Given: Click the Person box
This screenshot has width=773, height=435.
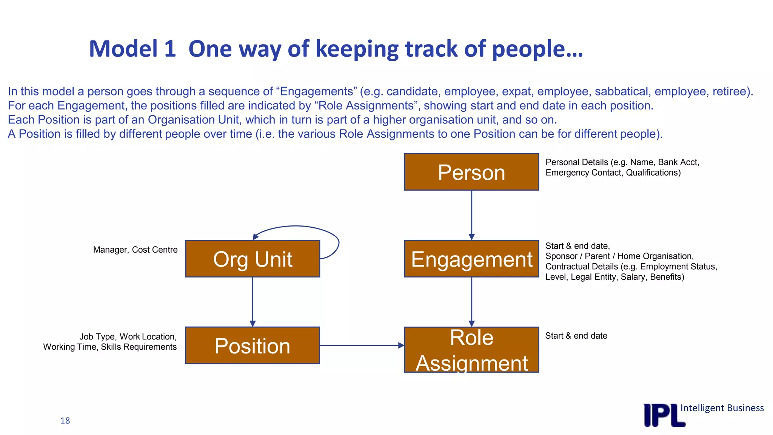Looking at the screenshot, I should tap(471, 172).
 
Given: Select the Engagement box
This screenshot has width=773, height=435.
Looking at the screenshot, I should tap(471, 259).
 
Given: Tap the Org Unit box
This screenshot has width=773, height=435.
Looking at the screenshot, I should tap(253, 259).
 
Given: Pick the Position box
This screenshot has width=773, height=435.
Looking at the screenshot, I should tap(253, 346).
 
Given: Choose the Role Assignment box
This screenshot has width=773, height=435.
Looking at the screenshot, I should tap(471, 350).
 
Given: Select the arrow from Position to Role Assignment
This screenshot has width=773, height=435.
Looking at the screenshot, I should tap(362, 345).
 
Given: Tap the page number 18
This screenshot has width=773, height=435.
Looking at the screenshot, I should tap(65, 421).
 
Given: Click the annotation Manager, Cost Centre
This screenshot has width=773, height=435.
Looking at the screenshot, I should tap(135, 250).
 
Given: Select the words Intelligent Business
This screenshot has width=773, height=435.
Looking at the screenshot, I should tap(722, 408).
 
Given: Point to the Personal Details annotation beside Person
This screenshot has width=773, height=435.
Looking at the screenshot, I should tap(622, 167).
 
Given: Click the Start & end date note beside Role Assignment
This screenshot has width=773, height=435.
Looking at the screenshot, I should tap(576, 336).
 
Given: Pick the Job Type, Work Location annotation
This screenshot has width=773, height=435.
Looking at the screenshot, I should tap(110, 342).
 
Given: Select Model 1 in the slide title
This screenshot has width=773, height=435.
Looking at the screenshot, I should tap(132, 49).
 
